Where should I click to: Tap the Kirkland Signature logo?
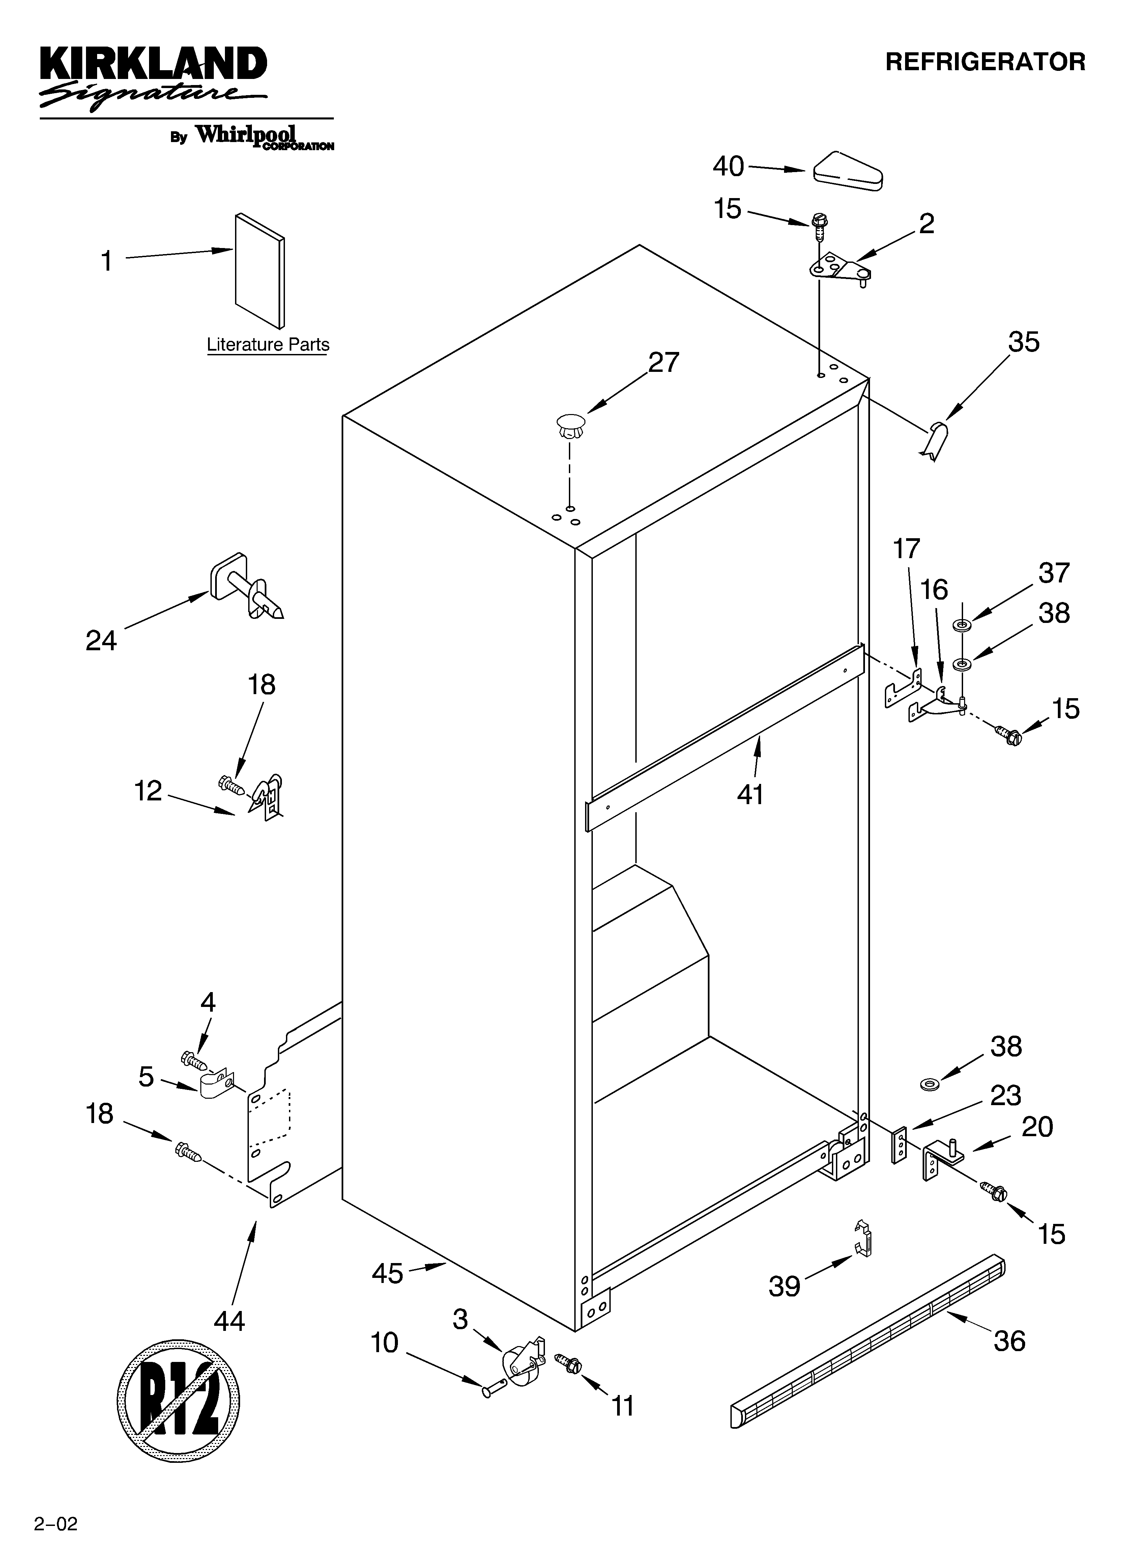coord(153,77)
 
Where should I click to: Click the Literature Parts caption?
coord(268,345)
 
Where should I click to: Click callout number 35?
coord(1024,342)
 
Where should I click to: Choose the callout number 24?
coord(101,640)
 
